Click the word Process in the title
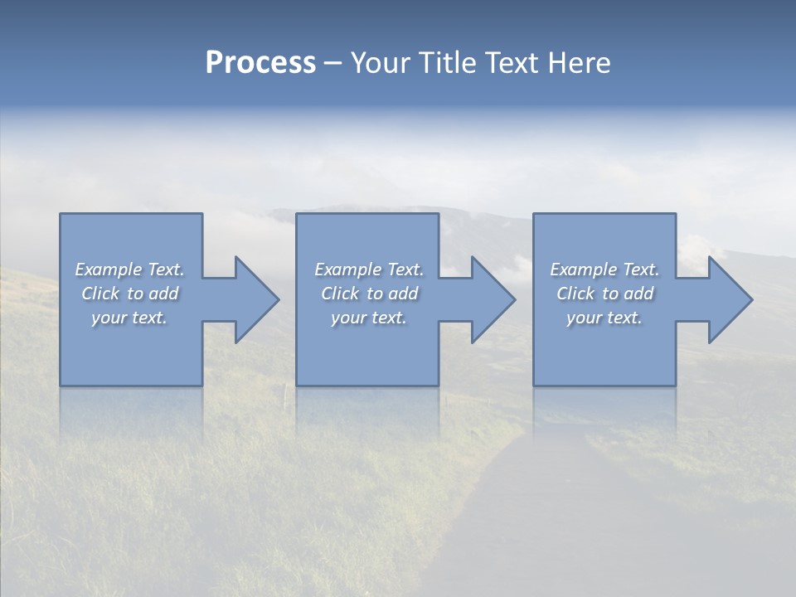(x=260, y=63)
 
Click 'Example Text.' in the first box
(x=130, y=269)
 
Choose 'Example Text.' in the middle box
(x=369, y=269)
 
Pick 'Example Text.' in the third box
(x=604, y=269)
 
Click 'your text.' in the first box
(x=129, y=318)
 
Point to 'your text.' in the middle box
(x=369, y=318)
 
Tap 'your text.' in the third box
(x=604, y=318)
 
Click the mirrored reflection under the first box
(x=131, y=410)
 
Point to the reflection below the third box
(x=604, y=410)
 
